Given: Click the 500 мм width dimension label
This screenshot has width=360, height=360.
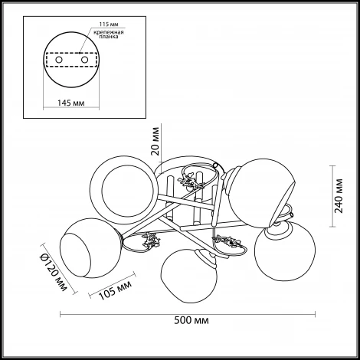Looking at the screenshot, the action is (x=191, y=320).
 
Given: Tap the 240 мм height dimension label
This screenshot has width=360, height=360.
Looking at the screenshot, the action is (x=339, y=196).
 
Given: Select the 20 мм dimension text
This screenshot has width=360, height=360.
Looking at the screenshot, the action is (x=155, y=141).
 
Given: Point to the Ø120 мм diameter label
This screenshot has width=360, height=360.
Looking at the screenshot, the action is (x=53, y=272).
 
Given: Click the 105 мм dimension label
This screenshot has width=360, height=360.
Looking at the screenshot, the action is (x=115, y=290).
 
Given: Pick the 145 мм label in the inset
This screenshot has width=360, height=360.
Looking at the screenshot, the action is (x=70, y=103).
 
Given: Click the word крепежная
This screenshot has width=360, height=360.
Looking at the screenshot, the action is (x=109, y=32).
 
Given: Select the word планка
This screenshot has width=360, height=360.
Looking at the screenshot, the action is (x=109, y=37).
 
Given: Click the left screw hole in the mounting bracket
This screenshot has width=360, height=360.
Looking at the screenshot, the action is (x=59, y=60).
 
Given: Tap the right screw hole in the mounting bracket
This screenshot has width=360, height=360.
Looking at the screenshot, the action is (x=84, y=60).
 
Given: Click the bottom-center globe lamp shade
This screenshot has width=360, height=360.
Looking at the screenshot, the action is (x=188, y=276).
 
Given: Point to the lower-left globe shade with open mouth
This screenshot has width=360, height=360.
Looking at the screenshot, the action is (x=90, y=248).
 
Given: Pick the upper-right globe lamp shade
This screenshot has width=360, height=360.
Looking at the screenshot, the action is (x=261, y=193).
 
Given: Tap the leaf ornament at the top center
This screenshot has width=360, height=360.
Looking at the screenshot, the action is (x=191, y=181).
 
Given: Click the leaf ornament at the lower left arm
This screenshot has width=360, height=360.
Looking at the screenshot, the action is (x=152, y=241).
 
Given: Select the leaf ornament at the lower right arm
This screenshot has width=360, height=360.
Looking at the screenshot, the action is (x=228, y=241).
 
